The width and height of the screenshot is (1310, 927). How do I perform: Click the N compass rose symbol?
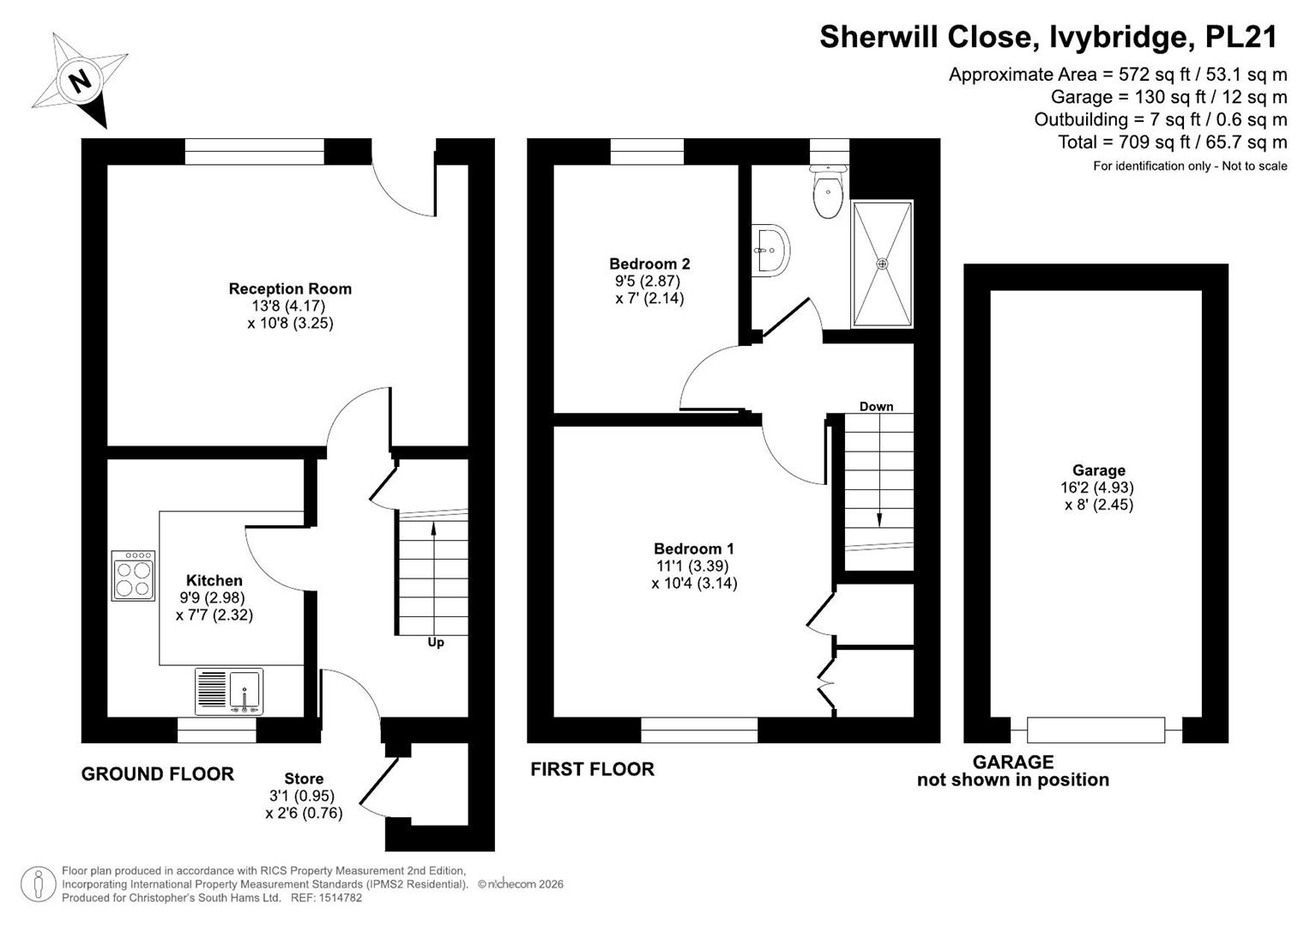point(80,80)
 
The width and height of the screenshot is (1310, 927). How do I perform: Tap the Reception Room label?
point(290,288)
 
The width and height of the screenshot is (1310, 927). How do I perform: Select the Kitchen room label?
point(214,580)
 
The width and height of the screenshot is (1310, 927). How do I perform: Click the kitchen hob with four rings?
point(133,576)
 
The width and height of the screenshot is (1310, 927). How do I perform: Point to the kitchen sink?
point(229,692)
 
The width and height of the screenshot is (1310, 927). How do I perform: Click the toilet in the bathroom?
point(828,191)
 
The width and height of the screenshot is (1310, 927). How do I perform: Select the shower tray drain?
point(882,264)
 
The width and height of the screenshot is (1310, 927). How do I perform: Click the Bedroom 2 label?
point(649,264)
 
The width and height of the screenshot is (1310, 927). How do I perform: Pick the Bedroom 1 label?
point(693,549)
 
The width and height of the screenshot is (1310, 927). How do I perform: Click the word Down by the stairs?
point(876,406)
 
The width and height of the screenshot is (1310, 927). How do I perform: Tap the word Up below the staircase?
point(436,643)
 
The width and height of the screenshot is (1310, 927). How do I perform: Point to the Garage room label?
point(1098,470)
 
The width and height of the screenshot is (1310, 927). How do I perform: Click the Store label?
point(304,779)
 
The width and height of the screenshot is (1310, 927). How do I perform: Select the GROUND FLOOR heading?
point(157,774)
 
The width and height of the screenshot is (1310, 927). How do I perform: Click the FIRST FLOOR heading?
point(592,769)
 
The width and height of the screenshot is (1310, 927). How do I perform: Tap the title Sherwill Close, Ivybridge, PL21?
point(1048,36)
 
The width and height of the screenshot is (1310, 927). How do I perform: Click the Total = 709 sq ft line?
point(1172,142)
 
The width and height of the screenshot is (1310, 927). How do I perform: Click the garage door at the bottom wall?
point(1096,730)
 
